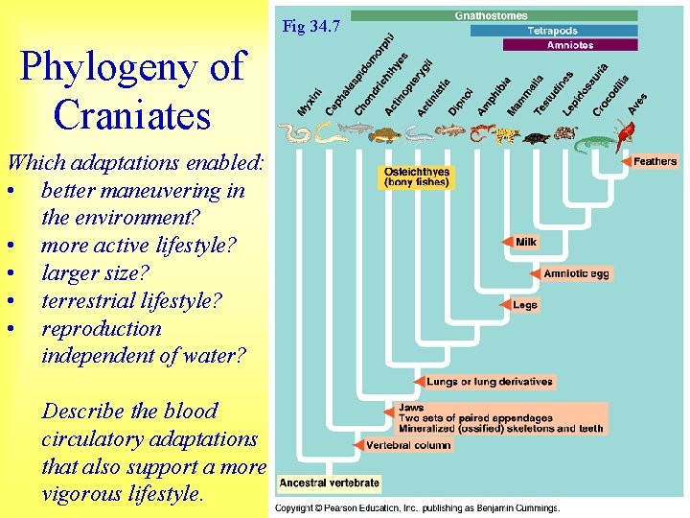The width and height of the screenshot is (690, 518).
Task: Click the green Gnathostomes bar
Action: (494, 15)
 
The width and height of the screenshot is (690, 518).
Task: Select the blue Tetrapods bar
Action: (553, 31)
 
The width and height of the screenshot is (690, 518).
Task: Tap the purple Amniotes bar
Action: (569, 45)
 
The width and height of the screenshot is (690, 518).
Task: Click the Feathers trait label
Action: (655, 161)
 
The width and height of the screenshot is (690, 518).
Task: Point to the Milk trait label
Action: (526, 242)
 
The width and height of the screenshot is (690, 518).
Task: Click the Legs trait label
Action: (525, 305)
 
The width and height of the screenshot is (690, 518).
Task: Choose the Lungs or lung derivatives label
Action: (490, 381)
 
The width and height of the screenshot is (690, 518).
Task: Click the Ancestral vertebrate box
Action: (330, 483)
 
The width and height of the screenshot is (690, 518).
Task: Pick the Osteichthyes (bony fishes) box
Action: (417, 177)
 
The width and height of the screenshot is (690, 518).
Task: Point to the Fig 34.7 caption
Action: (310, 26)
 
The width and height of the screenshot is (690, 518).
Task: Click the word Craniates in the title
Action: (132, 115)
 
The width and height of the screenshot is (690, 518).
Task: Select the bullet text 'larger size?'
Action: (101, 272)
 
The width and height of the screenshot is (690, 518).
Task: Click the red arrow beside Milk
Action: (507, 242)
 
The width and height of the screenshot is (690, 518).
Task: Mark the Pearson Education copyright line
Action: (418, 507)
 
